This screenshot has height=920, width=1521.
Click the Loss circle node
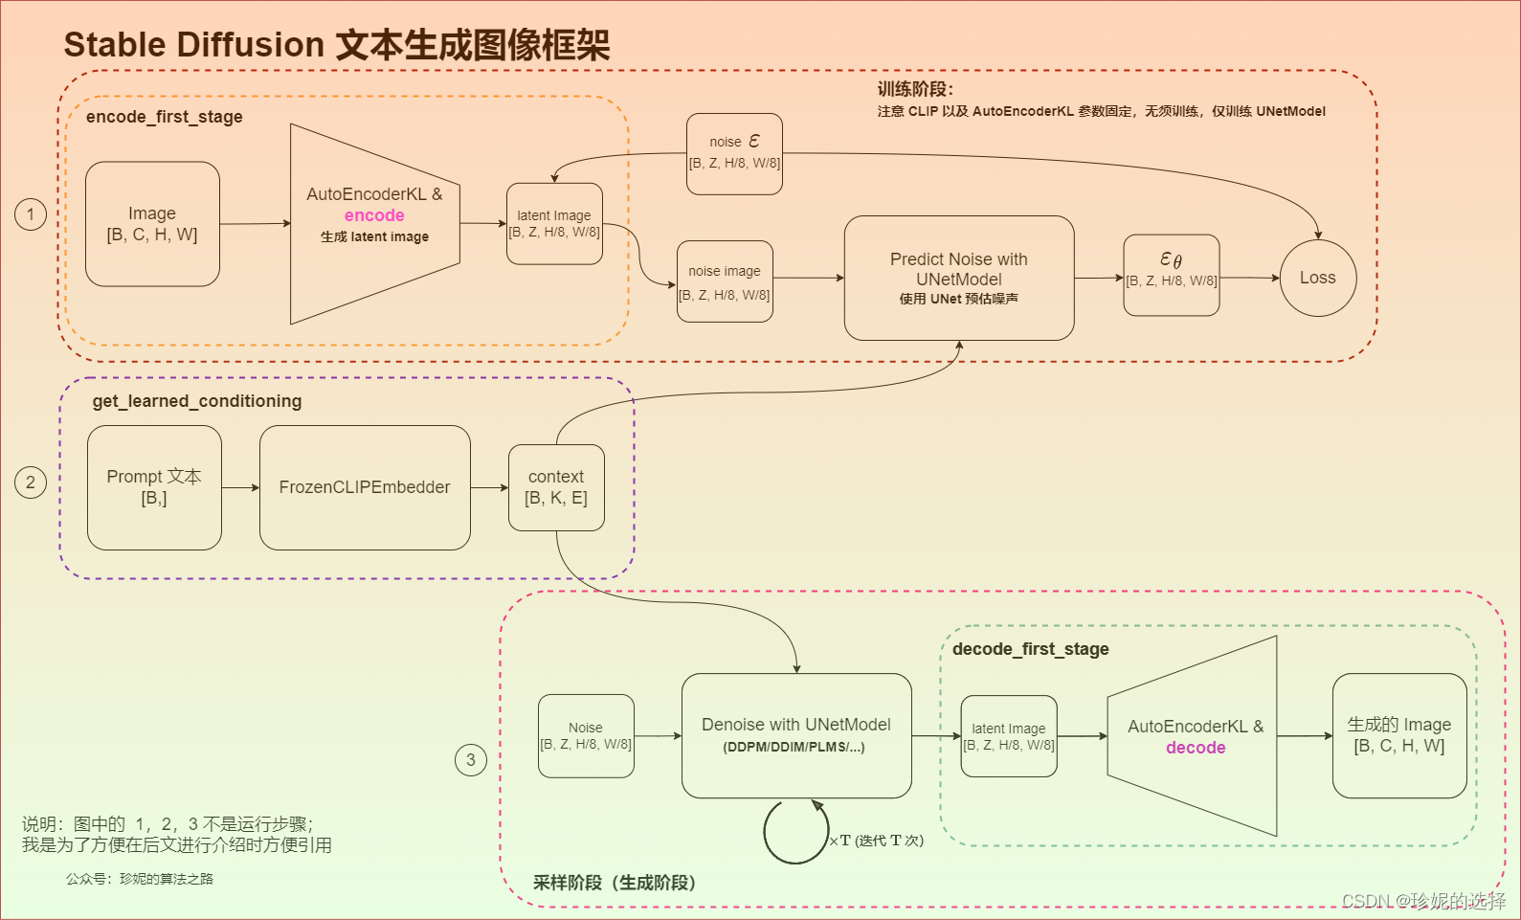click(1317, 278)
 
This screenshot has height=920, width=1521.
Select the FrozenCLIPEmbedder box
click(365, 487)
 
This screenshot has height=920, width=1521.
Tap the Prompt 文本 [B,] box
click(154, 487)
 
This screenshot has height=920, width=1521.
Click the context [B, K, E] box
click(556, 487)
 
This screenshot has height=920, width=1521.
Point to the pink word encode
click(374, 215)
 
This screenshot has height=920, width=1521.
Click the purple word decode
click(1196, 748)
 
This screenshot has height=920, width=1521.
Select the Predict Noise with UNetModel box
click(958, 278)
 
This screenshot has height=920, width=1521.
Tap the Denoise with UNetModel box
click(795, 735)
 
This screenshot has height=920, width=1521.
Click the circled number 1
click(31, 213)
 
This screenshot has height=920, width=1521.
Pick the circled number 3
click(470, 760)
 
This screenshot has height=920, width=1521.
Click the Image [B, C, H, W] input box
click(152, 224)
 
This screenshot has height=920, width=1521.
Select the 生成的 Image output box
click(1398, 735)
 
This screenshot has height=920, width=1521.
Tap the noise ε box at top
click(734, 153)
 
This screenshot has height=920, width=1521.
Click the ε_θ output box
click(1171, 275)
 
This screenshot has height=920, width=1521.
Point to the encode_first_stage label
click(164, 117)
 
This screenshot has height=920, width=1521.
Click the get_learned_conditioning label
click(196, 401)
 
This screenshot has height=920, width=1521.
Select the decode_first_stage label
click(1030, 649)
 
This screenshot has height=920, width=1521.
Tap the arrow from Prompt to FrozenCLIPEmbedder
click(240, 487)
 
